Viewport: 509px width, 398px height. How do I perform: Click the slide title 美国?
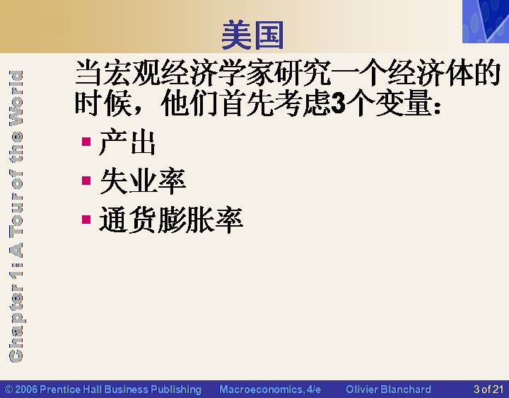coord(252,35)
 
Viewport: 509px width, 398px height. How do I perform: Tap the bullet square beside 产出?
coord(86,142)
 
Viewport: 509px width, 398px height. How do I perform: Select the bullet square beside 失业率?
coord(86,181)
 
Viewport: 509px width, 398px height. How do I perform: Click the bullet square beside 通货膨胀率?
coord(86,220)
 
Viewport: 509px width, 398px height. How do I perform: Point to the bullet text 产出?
coord(127,143)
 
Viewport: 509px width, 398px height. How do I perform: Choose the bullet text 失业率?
coord(143,181)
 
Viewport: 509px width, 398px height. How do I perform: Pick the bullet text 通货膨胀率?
coord(171,220)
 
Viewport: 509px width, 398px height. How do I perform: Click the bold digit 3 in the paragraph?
coord(339,103)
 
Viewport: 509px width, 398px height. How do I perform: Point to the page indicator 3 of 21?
coord(488,390)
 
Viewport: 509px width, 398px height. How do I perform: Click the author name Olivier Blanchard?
coord(388,390)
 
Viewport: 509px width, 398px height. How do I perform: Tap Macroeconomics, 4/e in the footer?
coord(270,390)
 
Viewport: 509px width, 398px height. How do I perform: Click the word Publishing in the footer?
coord(176,390)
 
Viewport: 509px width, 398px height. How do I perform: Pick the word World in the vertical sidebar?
coord(16,98)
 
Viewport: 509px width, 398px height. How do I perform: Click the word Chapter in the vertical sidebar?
coord(16,323)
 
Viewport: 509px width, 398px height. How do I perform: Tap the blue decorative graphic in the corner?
coord(486,21)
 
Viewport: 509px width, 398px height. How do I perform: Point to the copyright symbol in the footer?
coord(8,390)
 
